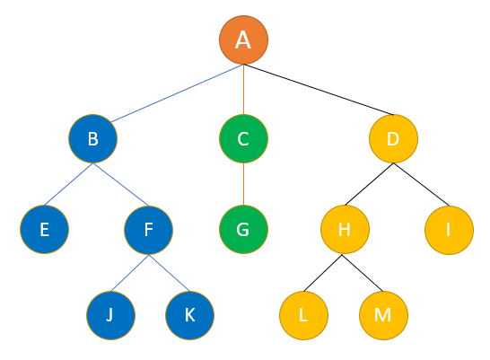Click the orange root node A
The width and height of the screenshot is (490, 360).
pyautogui.click(x=243, y=40)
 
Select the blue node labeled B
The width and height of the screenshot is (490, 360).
pyautogui.click(x=92, y=138)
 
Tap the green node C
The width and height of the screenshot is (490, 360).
pyautogui.click(x=243, y=138)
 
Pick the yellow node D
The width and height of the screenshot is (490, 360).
pyautogui.click(x=393, y=138)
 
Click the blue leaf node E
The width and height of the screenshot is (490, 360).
pyautogui.click(x=44, y=229)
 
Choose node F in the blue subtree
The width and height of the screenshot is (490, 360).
pyautogui.click(x=148, y=230)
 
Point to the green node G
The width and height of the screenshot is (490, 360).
pyautogui.click(x=243, y=229)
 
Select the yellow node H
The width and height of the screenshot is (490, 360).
pyautogui.click(x=345, y=229)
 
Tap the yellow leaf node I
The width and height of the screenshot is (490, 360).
pyautogui.click(x=449, y=230)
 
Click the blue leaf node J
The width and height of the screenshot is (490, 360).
pyautogui.click(x=111, y=315)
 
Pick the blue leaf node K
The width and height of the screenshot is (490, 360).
pyautogui.click(x=189, y=315)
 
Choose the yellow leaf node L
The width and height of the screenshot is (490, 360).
pyautogui.click(x=303, y=315)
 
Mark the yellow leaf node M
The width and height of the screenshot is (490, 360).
pyautogui.click(x=383, y=315)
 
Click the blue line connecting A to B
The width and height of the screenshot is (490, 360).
pyautogui.click(x=177, y=93)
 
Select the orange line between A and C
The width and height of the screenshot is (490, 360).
pyautogui.click(x=243, y=90)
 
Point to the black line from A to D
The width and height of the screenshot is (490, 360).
pyautogui.click(x=319, y=90)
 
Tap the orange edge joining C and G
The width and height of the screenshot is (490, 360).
pyautogui.click(x=243, y=184)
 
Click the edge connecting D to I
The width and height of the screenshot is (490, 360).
pyautogui.click(x=421, y=184)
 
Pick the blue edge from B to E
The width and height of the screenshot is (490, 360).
pyautogui.click(x=68, y=184)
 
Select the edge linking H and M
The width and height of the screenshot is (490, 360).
pyautogui.click(x=363, y=273)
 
